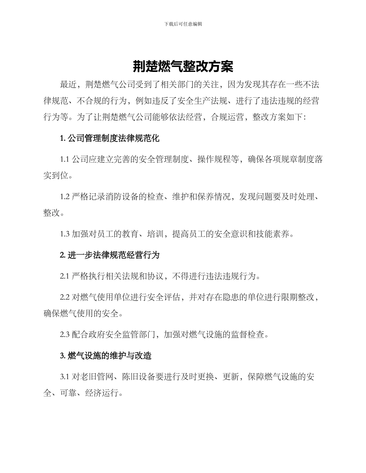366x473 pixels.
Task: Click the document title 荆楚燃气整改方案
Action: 183,67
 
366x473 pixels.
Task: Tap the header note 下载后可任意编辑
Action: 183,24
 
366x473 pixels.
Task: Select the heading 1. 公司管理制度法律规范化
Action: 110,138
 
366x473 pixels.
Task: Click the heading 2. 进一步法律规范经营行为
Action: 110,255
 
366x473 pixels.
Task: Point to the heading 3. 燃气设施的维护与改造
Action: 106,356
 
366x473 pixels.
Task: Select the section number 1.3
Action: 65,234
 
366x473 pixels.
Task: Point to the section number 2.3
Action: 65,335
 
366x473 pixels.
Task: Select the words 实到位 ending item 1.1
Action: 57,176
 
